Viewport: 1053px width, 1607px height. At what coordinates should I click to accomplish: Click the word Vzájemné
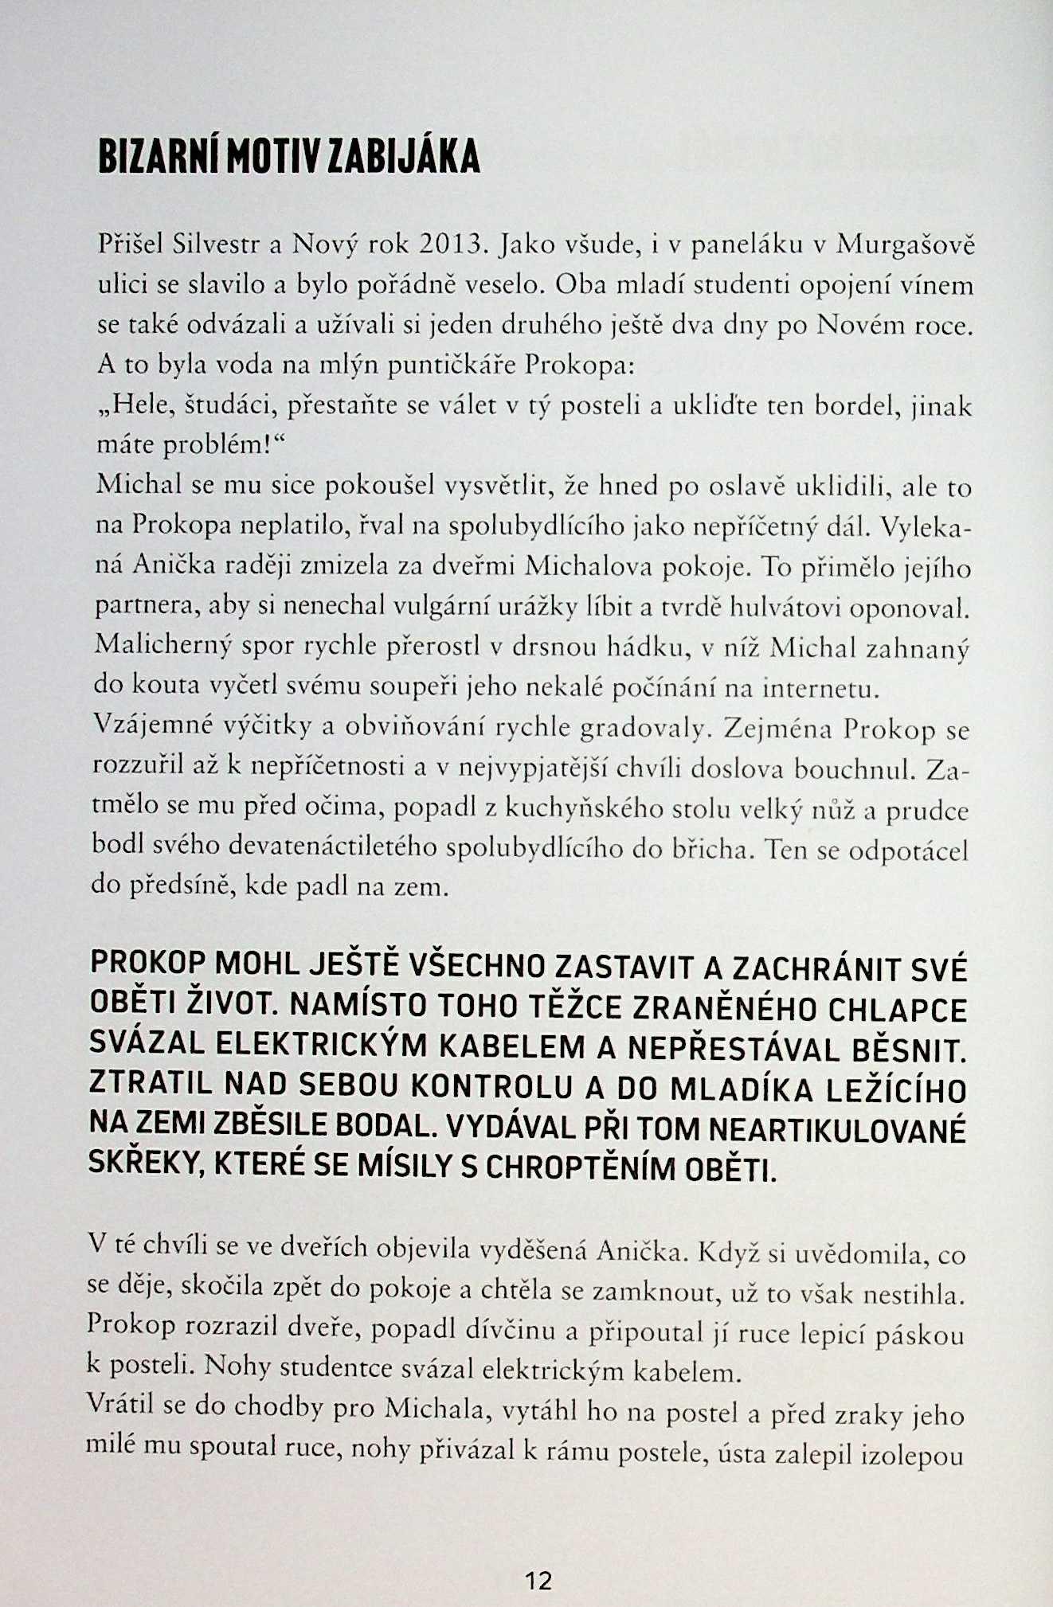pos(146,725)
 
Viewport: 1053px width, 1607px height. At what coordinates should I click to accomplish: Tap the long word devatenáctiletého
pos(334,847)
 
